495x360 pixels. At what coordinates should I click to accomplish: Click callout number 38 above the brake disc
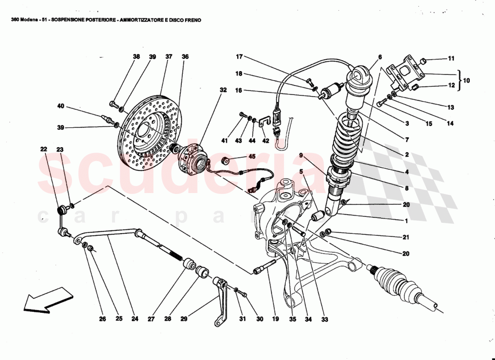(x=136, y=57)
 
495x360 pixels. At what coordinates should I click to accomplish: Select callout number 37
(x=169, y=57)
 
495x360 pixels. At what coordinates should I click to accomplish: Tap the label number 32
(x=223, y=90)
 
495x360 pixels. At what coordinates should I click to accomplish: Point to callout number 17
(x=239, y=57)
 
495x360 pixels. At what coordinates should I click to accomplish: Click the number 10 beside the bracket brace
(x=466, y=81)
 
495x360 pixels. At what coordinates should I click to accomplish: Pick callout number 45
(x=252, y=157)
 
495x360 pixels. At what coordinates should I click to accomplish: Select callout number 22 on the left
(x=43, y=149)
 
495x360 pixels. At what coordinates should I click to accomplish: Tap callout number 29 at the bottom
(x=184, y=319)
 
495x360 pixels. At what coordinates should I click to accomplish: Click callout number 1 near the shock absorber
(x=406, y=220)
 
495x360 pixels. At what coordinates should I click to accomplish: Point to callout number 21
(x=406, y=237)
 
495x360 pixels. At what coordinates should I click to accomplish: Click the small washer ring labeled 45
(x=226, y=161)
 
